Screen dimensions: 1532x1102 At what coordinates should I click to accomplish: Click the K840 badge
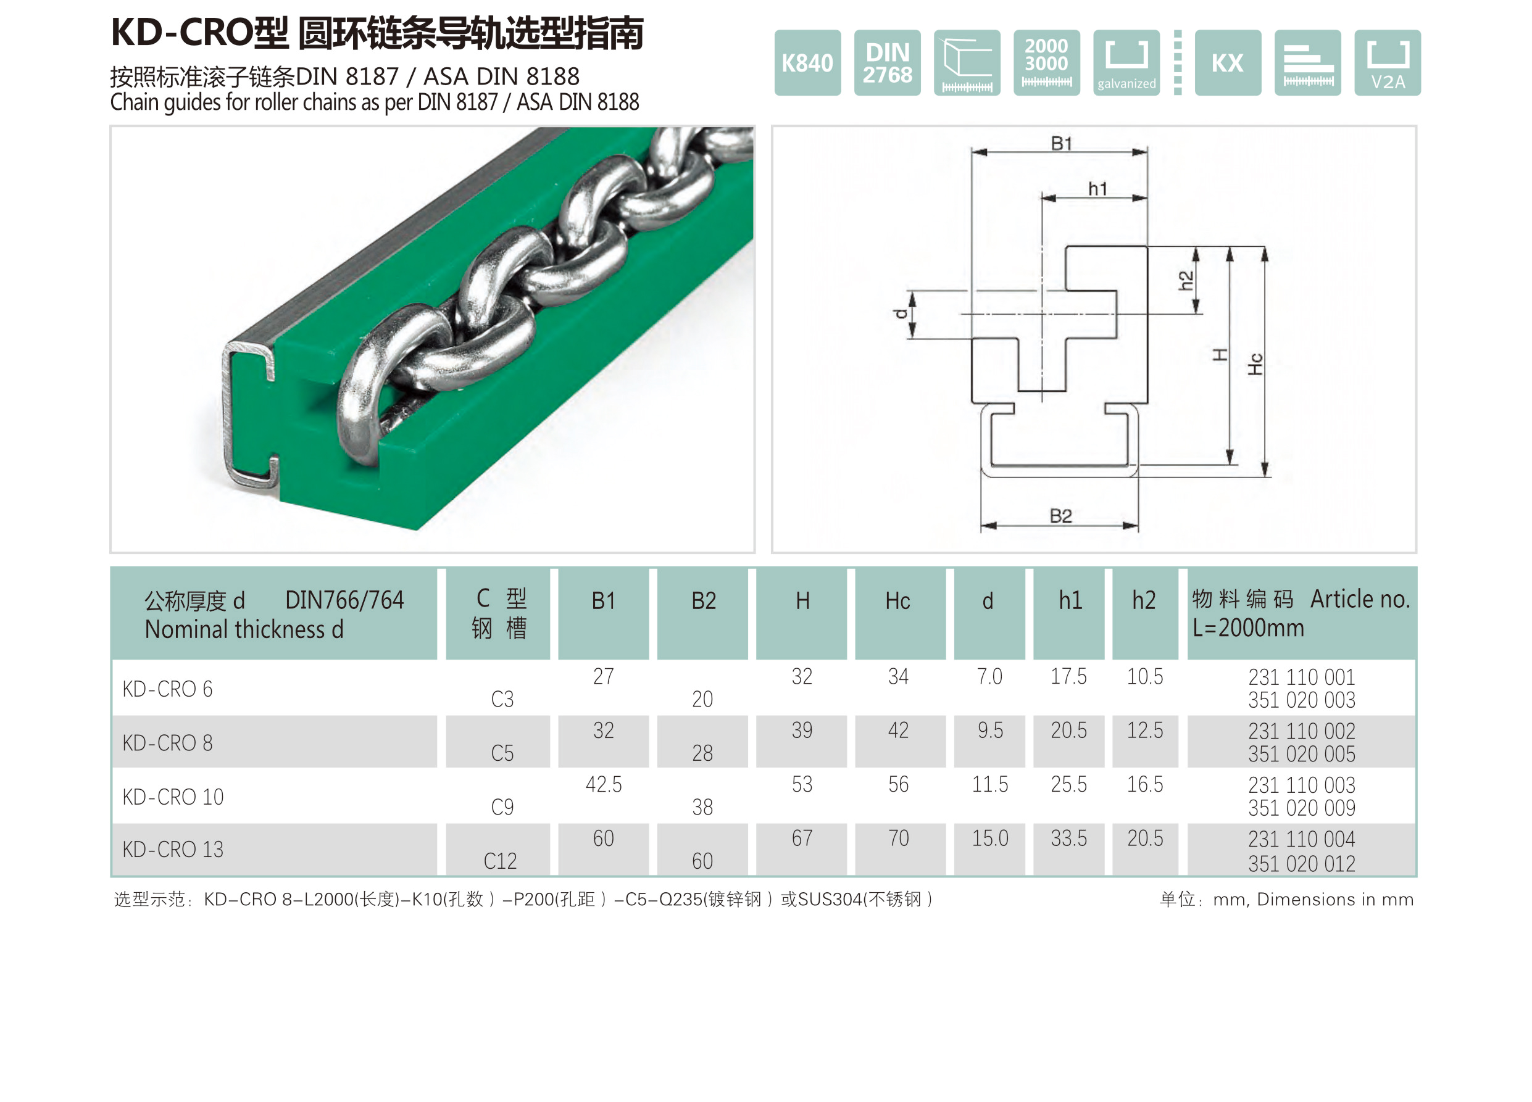pos(807,63)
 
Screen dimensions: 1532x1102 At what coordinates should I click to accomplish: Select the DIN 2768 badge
pos(887,63)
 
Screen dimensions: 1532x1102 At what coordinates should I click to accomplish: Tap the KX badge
pos(1227,63)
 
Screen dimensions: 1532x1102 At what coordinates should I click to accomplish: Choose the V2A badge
pos(1387,63)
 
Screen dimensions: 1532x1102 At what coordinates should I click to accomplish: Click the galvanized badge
pos(1126,63)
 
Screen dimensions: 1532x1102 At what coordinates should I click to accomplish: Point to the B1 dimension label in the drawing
pos(1061,143)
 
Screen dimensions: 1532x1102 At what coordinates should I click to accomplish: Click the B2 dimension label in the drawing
pos(1060,516)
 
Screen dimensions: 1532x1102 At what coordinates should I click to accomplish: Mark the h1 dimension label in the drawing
pos(1097,188)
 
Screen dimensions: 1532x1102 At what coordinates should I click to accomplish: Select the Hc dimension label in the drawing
pos(1254,364)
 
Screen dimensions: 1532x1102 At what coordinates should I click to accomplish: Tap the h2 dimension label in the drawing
pos(1186,280)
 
